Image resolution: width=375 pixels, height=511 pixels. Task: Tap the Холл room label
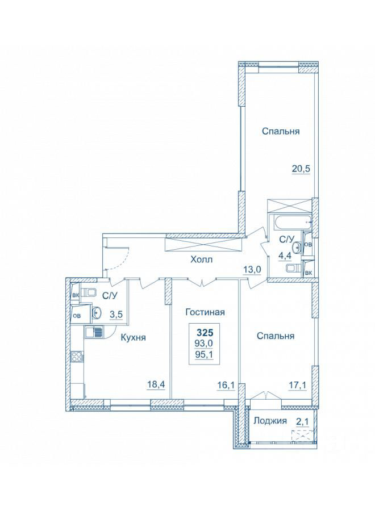tap(201, 259)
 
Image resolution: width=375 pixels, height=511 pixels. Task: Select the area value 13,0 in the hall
tap(252, 270)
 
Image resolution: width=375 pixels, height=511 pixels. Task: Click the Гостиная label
tap(205, 312)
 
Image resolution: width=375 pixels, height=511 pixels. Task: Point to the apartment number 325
tap(205, 333)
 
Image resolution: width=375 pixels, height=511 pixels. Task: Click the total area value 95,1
tap(205, 354)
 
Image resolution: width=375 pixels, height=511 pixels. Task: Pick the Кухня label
tap(133, 337)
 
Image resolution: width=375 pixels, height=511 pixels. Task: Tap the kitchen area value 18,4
tap(156, 385)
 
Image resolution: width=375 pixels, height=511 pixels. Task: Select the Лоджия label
tap(270, 420)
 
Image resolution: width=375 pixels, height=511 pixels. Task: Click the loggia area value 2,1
tap(302, 420)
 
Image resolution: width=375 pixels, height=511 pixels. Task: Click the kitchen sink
tap(94, 332)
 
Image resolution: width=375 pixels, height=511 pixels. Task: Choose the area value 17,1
tap(297, 385)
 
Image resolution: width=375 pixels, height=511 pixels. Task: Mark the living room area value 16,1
tap(226, 385)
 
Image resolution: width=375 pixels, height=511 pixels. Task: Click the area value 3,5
tap(116, 315)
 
